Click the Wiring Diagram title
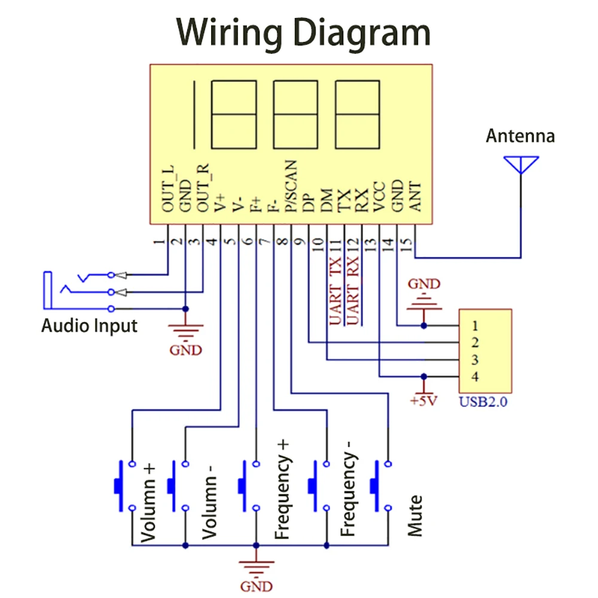tap(303, 33)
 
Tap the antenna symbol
tap(521, 165)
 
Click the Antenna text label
tap(520, 136)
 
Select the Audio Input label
tap(89, 326)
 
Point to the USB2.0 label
tap(483, 402)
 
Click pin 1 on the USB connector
tap(475, 326)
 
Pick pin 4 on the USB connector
tap(475, 376)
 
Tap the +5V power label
tap(423, 401)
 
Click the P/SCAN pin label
tap(291, 186)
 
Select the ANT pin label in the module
tap(415, 197)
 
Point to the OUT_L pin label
tap(169, 188)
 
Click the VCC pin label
tap(380, 197)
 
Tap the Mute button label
tap(415, 516)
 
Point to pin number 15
tap(406, 244)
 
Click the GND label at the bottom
tap(257, 586)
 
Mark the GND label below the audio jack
tap(186, 350)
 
